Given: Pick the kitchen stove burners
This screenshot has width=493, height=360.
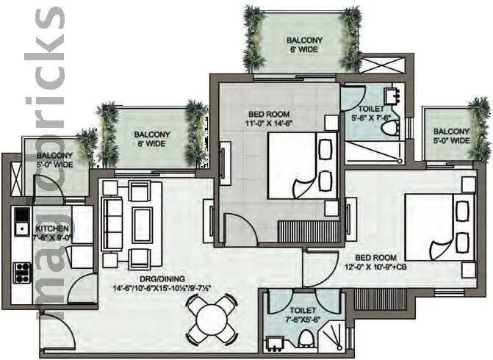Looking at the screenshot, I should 23,272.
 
